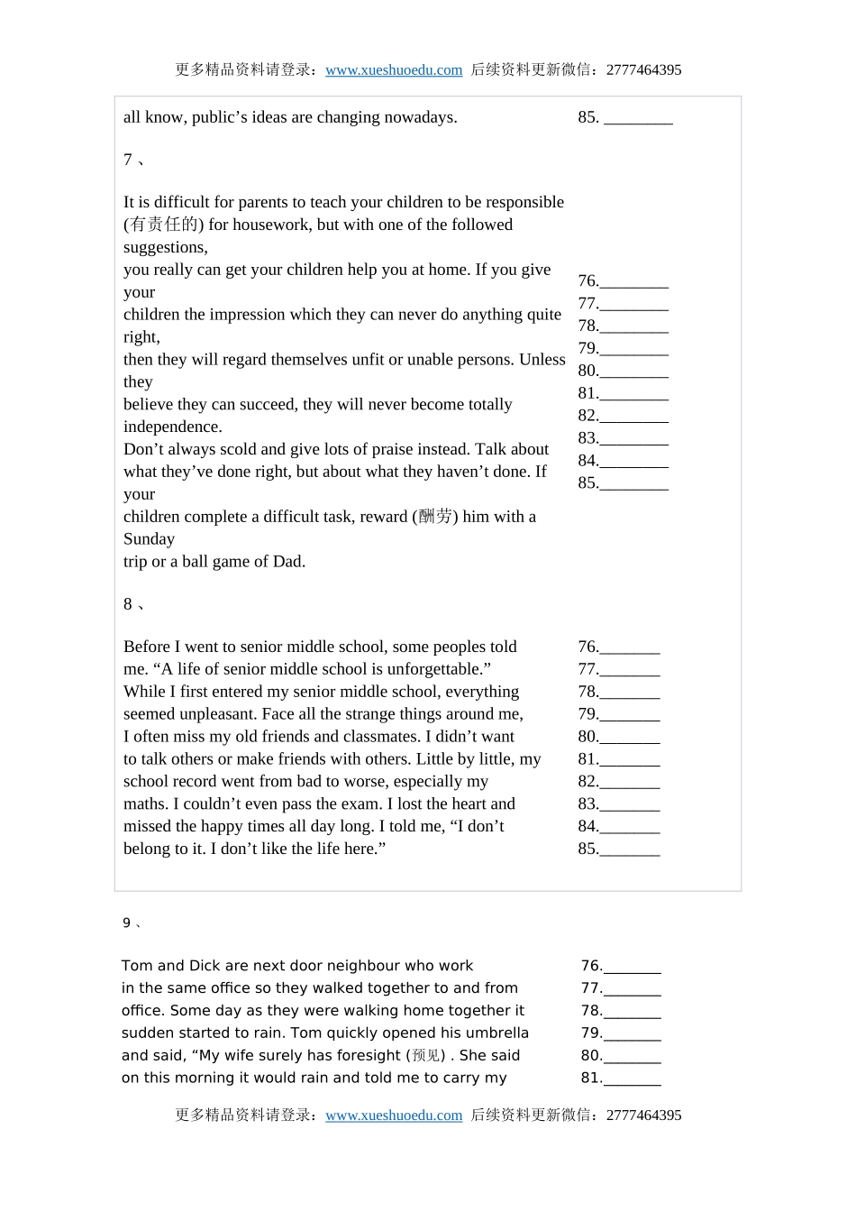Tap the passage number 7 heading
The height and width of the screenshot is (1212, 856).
(128, 160)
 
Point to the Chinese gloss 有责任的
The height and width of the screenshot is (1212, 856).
(164, 225)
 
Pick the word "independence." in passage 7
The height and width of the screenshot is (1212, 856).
(172, 427)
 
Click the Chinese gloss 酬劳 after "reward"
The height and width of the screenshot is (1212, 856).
(436, 517)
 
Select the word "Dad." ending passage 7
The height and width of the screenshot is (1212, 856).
(288, 562)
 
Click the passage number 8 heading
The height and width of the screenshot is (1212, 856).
(128, 604)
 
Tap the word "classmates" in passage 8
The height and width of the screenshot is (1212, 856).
(379, 737)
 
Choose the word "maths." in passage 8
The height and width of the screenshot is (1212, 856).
(145, 804)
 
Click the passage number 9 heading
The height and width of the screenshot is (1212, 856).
(127, 923)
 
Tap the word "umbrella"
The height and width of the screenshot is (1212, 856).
(494, 1033)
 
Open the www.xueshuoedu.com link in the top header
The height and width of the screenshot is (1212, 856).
(394, 70)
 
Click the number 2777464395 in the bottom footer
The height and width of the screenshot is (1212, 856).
(643, 1116)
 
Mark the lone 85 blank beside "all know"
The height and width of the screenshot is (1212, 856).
(637, 118)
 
